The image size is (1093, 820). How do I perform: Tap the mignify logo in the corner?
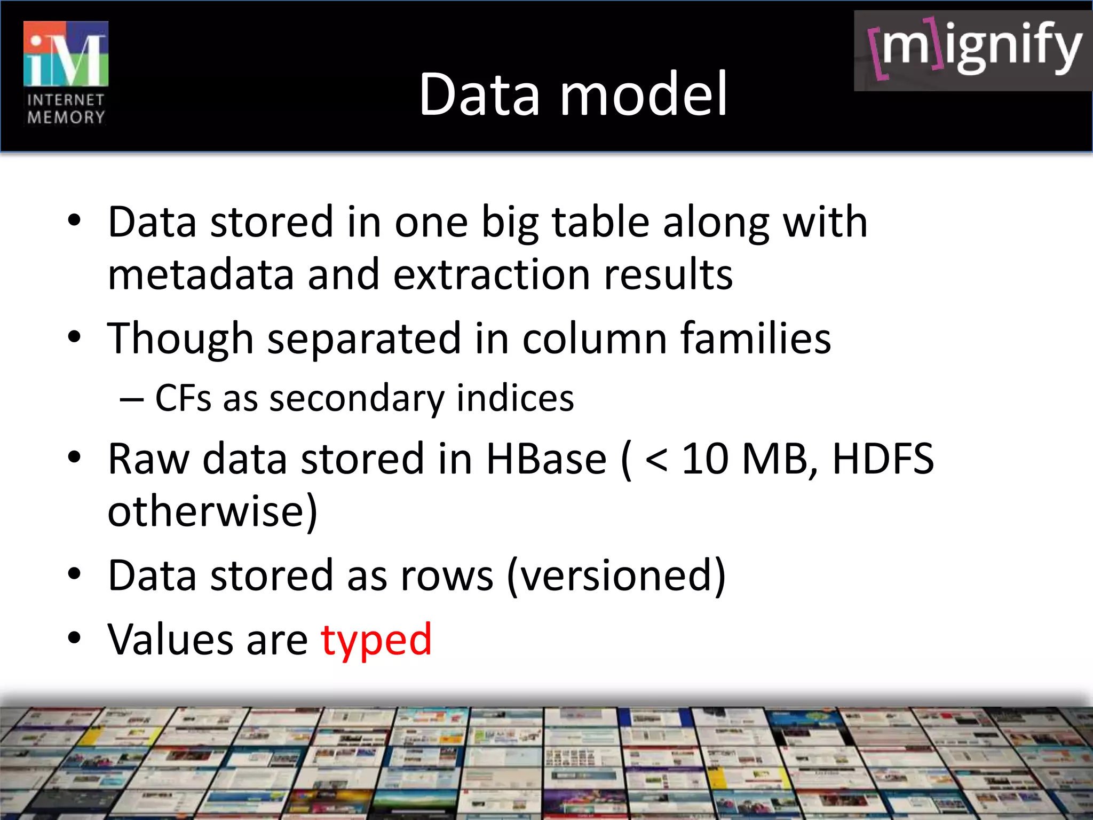(973, 50)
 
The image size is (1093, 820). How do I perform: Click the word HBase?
(546, 459)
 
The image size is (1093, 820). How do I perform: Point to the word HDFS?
(883, 459)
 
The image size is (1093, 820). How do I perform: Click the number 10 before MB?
(705, 459)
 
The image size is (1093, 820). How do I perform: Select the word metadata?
(200, 274)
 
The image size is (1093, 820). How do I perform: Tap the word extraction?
(492, 274)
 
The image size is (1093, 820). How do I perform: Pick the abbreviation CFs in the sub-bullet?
(183, 398)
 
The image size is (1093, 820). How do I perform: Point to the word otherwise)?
(212, 511)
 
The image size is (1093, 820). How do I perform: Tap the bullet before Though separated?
(74, 337)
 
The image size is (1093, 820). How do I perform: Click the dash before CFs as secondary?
(131, 399)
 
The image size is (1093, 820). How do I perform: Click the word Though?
(180, 340)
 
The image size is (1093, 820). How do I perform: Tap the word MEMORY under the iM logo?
(66, 117)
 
